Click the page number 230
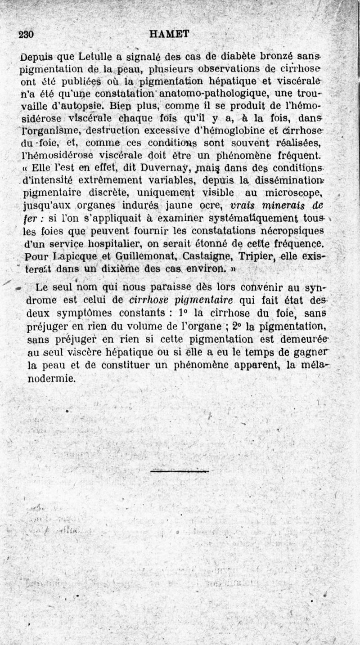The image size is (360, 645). click(27, 35)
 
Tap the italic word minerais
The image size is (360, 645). click(286, 206)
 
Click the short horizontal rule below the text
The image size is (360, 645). click(180, 471)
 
